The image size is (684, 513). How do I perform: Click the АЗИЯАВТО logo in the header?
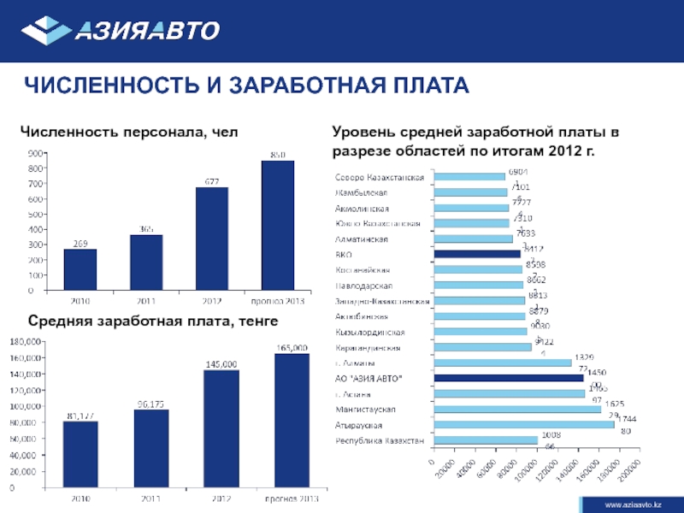[121, 31]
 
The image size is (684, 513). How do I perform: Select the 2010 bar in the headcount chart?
[80, 269]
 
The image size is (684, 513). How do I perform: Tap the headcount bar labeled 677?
[211, 239]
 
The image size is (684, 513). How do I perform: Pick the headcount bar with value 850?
[277, 226]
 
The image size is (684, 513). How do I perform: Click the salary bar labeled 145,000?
[221, 432]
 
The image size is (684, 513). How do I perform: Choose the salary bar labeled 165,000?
[292, 424]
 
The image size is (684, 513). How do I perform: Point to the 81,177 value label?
[80, 416]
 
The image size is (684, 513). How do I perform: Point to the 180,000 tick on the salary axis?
[26, 341]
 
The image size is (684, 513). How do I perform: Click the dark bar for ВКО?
[477, 253]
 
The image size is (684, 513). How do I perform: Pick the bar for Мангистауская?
[517, 409]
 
